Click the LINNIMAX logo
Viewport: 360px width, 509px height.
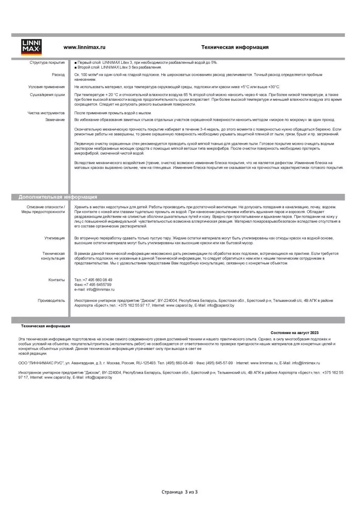[32, 47]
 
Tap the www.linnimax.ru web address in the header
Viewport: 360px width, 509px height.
[84, 47]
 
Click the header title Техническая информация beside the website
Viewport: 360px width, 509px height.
[235, 47]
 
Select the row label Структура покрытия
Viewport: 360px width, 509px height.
[47, 63]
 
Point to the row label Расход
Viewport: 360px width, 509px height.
[58, 75]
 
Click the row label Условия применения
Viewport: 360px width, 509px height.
[47, 87]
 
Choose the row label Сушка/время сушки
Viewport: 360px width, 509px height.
[47, 95]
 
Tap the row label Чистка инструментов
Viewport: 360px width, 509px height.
[46, 113]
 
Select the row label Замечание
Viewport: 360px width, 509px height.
[55, 120]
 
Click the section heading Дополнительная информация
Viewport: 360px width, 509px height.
[58, 197]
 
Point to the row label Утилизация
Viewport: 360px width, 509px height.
[55, 238]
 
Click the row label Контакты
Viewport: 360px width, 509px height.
[56, 280]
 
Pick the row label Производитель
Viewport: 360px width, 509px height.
[51, 301]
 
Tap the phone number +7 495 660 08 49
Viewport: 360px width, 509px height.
[98, 280]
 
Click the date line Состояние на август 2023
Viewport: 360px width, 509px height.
[294, 333]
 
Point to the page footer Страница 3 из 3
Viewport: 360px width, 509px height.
[179, 492]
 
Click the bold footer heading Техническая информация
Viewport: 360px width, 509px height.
[46, 326]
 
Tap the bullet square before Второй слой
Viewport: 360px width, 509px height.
[75, 67]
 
